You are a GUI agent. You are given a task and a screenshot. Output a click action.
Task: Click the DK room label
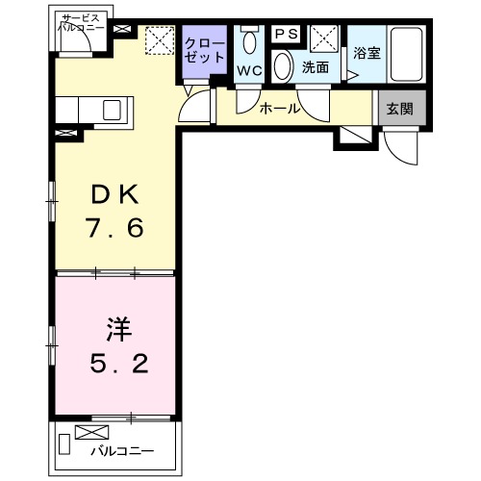[x=115, y=195]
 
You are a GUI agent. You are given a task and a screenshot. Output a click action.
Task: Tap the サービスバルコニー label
[x=84, y=24]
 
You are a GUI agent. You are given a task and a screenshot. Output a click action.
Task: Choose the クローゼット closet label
[x=204, y=50]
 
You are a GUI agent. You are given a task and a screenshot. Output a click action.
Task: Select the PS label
[x=286, y=34]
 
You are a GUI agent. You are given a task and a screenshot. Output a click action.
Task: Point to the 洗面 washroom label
[x=316, y=68]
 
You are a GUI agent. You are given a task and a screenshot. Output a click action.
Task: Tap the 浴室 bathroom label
[x=365, y=53]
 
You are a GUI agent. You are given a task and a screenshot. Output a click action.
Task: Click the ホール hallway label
[x=280, y=109]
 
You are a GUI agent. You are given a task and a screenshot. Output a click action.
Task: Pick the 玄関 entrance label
[x=400, y=109]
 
